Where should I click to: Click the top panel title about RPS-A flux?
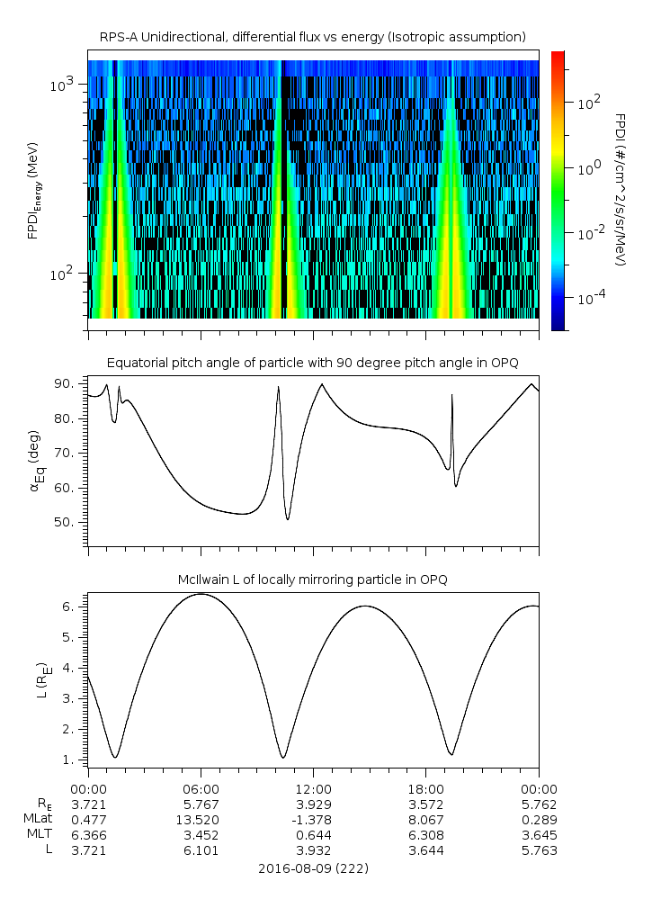[312, 37]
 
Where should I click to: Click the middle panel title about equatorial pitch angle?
[312, 363]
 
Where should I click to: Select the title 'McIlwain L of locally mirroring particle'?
[312, 580]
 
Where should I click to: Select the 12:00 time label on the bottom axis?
[313, 787]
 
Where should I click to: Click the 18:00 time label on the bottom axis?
[425, 787]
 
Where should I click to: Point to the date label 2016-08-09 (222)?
[313, 868]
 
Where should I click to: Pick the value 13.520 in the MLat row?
[201, 819]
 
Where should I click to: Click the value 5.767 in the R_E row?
[201, 804]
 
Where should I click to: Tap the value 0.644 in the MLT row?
[313, 835]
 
